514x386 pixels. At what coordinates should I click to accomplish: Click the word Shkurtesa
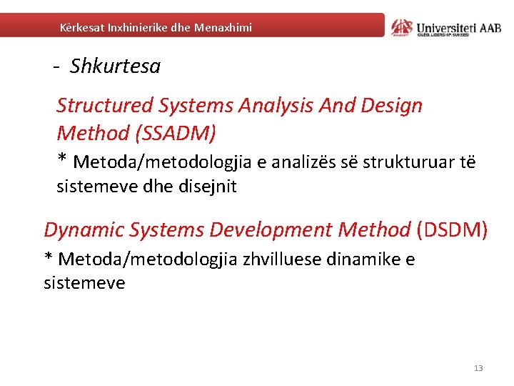pos(115,66)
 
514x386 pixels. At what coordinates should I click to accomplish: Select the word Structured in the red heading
pos(104,106)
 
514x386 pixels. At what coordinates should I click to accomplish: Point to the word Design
pos(392,106)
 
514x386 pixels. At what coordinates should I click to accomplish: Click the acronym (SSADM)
pos(178,133)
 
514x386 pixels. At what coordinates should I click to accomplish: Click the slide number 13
pos(478,368)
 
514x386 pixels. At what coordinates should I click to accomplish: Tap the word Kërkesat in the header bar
pos(81,27)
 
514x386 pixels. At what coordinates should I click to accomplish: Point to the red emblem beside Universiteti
pos(402,26)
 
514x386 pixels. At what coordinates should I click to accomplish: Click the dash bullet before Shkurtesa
pos(56,67)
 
